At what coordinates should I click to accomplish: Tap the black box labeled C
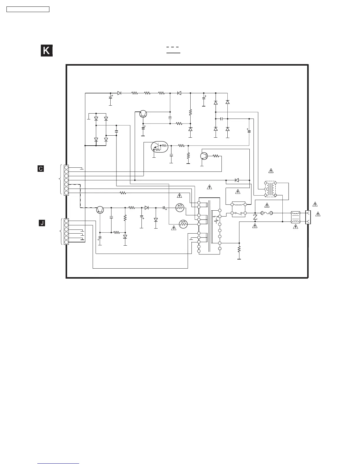click(41, 169)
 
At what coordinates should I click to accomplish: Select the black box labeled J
click(42, 223)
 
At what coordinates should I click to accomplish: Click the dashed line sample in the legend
click(173, 47)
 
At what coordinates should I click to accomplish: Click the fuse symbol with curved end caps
click(267, 213)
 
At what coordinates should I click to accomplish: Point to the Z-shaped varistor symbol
click(255, 217)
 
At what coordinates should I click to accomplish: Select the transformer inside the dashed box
click(270, 189)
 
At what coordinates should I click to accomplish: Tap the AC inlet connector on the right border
click(308, 217)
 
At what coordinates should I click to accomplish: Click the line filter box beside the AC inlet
click(295, 217)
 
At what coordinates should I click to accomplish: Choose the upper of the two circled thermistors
click(180, 208)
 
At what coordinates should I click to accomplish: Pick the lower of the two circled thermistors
click(183, 224)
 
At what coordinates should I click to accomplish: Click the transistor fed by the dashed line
click(100, 209)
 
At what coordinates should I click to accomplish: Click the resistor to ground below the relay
click(239, 249)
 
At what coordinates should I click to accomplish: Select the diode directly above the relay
click(237, 180)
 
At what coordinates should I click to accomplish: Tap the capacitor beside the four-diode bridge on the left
click(116, 132)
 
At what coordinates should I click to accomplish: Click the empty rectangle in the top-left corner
click(28, 9)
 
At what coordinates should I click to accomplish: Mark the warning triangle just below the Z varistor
click(255, 226)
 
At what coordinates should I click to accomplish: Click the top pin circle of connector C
click(66, 167)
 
